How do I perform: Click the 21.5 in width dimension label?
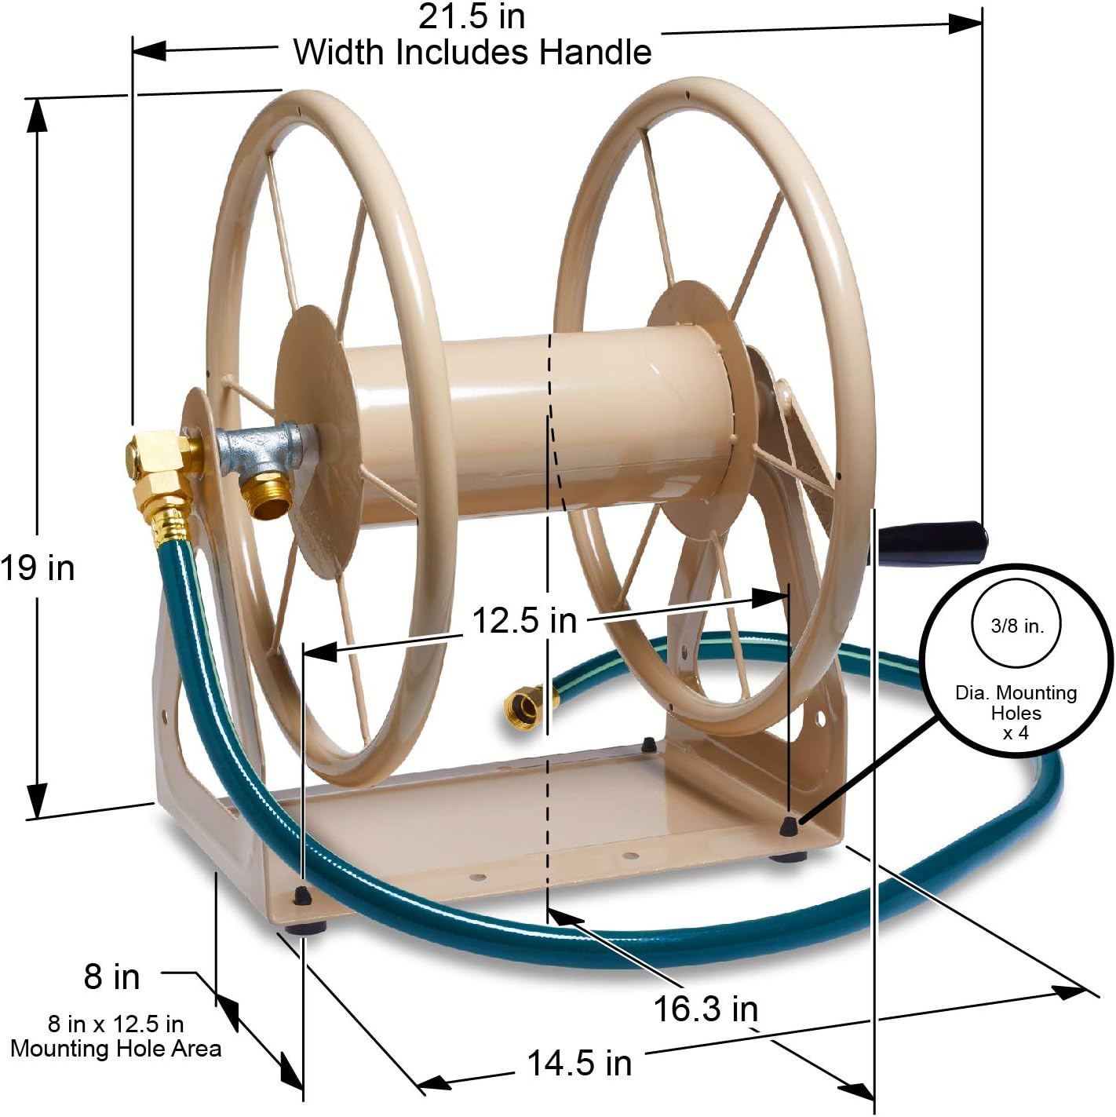[x=472, y=16]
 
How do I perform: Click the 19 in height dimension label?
[x=38, y=567]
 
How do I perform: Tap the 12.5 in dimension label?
[x=523, y=621]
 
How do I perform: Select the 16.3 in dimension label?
[x=706, y=1009]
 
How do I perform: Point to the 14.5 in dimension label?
[x=579, y=1064]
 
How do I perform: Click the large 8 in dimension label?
[x=111, y=976]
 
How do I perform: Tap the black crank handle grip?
[x=933, y=541]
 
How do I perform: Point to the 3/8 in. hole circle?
[x=1017, y=625]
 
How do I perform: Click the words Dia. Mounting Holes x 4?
[x=1016, y=713]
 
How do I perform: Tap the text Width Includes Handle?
[x=472, y=53]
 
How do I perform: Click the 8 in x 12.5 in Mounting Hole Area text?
[x=115, y=1036]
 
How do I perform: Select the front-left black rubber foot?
[x=303, y=923]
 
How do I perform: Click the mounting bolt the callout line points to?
[x=788, y=824]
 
